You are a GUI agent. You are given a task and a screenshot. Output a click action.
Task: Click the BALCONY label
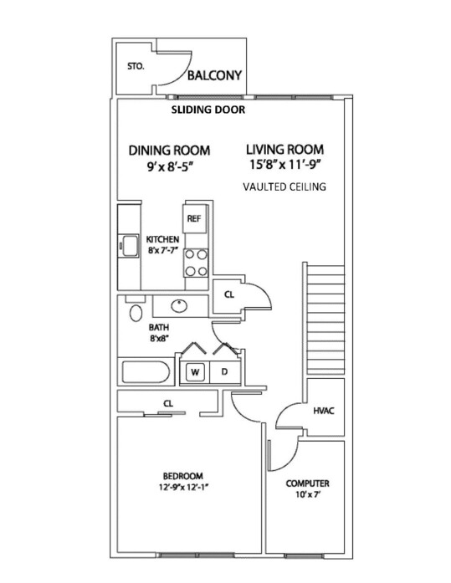pos(214,75)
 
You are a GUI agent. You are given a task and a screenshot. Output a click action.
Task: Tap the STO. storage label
pos(136,67)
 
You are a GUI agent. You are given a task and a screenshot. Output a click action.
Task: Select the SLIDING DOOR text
pos(208,110)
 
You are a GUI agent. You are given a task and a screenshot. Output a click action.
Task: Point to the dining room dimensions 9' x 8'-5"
pos(171,167)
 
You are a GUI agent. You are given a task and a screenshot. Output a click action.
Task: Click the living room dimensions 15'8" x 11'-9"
pos(285,164)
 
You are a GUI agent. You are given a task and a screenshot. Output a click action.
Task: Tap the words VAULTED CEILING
pos(284,187)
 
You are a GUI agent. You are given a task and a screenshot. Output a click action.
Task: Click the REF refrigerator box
pos(194,218)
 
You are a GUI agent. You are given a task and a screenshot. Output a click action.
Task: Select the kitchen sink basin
pos(129,245)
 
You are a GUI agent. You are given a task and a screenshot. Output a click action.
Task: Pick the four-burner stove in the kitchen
pos(196,263)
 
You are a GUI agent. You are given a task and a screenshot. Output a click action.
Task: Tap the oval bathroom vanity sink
pos(179,306)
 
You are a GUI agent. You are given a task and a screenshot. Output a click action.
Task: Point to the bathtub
pos(146,372)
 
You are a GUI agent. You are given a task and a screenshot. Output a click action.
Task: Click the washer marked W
pos(195,372)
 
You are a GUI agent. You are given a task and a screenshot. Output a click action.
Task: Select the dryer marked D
pos(224,372)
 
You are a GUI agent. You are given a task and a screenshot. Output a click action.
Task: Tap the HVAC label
pos(324,411)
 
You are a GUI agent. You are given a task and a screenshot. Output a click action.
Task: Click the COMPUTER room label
pos(307,483)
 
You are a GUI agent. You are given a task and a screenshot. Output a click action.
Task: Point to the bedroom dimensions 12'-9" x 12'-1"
pos(183,487)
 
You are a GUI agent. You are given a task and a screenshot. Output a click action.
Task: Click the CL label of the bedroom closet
pos(168,403)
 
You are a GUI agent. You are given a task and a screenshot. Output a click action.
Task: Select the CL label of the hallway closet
pos(229,295)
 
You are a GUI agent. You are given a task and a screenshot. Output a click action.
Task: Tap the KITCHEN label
pos(162,239)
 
